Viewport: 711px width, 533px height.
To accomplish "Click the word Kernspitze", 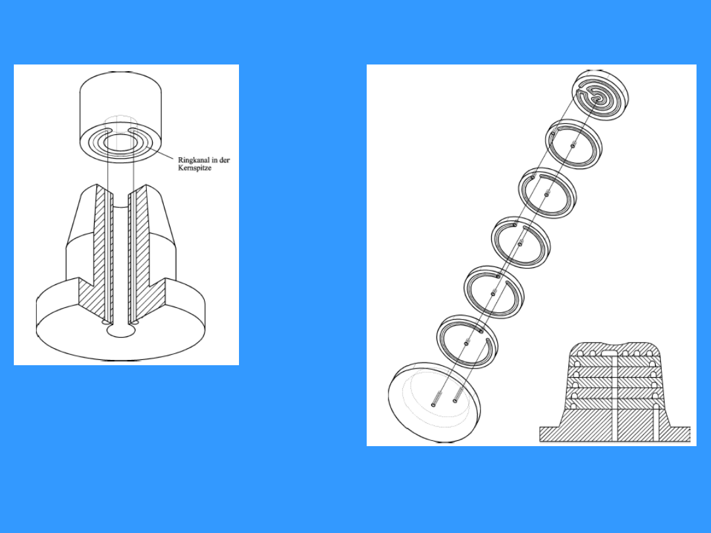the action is tap(194, 168).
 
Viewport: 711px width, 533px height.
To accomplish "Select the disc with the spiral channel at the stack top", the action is tap(600, 95).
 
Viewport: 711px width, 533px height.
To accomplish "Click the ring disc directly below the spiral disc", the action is tap(574, 144).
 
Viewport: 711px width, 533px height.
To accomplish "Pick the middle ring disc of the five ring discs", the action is tap(521, 242).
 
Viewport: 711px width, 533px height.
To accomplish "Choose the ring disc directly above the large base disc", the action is tap(467, 342).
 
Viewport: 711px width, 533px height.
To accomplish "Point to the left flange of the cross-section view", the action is tap(552, 434).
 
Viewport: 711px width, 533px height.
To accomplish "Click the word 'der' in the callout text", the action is tap(224, 160).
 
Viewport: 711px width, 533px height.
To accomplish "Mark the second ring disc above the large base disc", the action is tap(494, 292).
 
